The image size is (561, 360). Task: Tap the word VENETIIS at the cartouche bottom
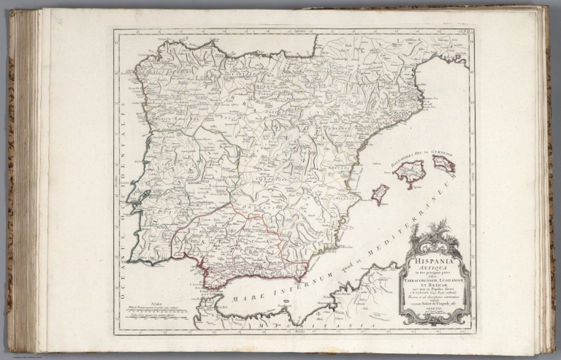(434, 309)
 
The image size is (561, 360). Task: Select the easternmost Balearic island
(443, 163)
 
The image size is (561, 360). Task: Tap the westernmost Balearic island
(380, 194)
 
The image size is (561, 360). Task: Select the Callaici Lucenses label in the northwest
(164, 74)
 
